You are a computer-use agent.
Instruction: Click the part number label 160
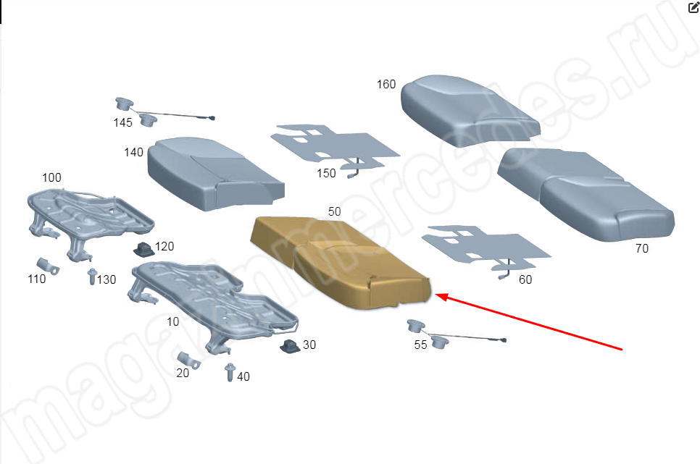point(386,84)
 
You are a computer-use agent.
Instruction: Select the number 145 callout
point(122,122)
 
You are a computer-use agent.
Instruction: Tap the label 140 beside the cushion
point(133,152)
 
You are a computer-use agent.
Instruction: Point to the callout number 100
point(51,177)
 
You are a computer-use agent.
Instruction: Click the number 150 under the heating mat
point(326,173)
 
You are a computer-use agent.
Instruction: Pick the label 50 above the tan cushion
point(334,211)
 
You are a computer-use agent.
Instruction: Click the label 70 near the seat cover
point(642,248)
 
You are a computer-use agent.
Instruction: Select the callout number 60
point(525,279)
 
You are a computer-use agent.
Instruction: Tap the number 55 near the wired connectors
point(420,345)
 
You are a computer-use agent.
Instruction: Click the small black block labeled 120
point(143,249)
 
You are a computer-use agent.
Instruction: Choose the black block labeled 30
point(290,345)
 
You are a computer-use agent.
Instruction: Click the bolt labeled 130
point(93,277)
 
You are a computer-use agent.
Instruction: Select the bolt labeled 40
point(230,373)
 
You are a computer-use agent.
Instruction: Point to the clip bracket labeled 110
point(47,266)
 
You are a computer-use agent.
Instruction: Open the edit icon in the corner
point(693,7)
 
